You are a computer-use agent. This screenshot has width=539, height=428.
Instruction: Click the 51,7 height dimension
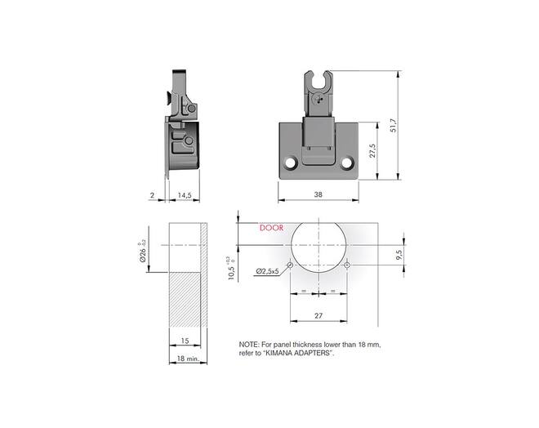point(394,126)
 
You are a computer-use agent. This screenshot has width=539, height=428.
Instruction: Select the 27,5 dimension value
point(372,150)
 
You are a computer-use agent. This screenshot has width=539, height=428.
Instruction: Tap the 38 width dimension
point(318,194)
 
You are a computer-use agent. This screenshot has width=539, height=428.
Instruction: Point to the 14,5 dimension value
point(185,195)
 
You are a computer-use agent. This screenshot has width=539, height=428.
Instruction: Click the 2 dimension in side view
point(152,195)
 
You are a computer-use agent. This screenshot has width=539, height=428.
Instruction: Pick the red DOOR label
point(272,228)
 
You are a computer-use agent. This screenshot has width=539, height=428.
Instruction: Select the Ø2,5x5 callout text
point(267,271)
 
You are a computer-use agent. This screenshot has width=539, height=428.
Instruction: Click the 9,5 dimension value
point(399,255)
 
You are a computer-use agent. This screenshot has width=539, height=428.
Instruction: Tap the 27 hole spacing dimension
point(318,315)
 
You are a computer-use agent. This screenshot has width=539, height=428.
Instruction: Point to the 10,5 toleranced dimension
point(232,270)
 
